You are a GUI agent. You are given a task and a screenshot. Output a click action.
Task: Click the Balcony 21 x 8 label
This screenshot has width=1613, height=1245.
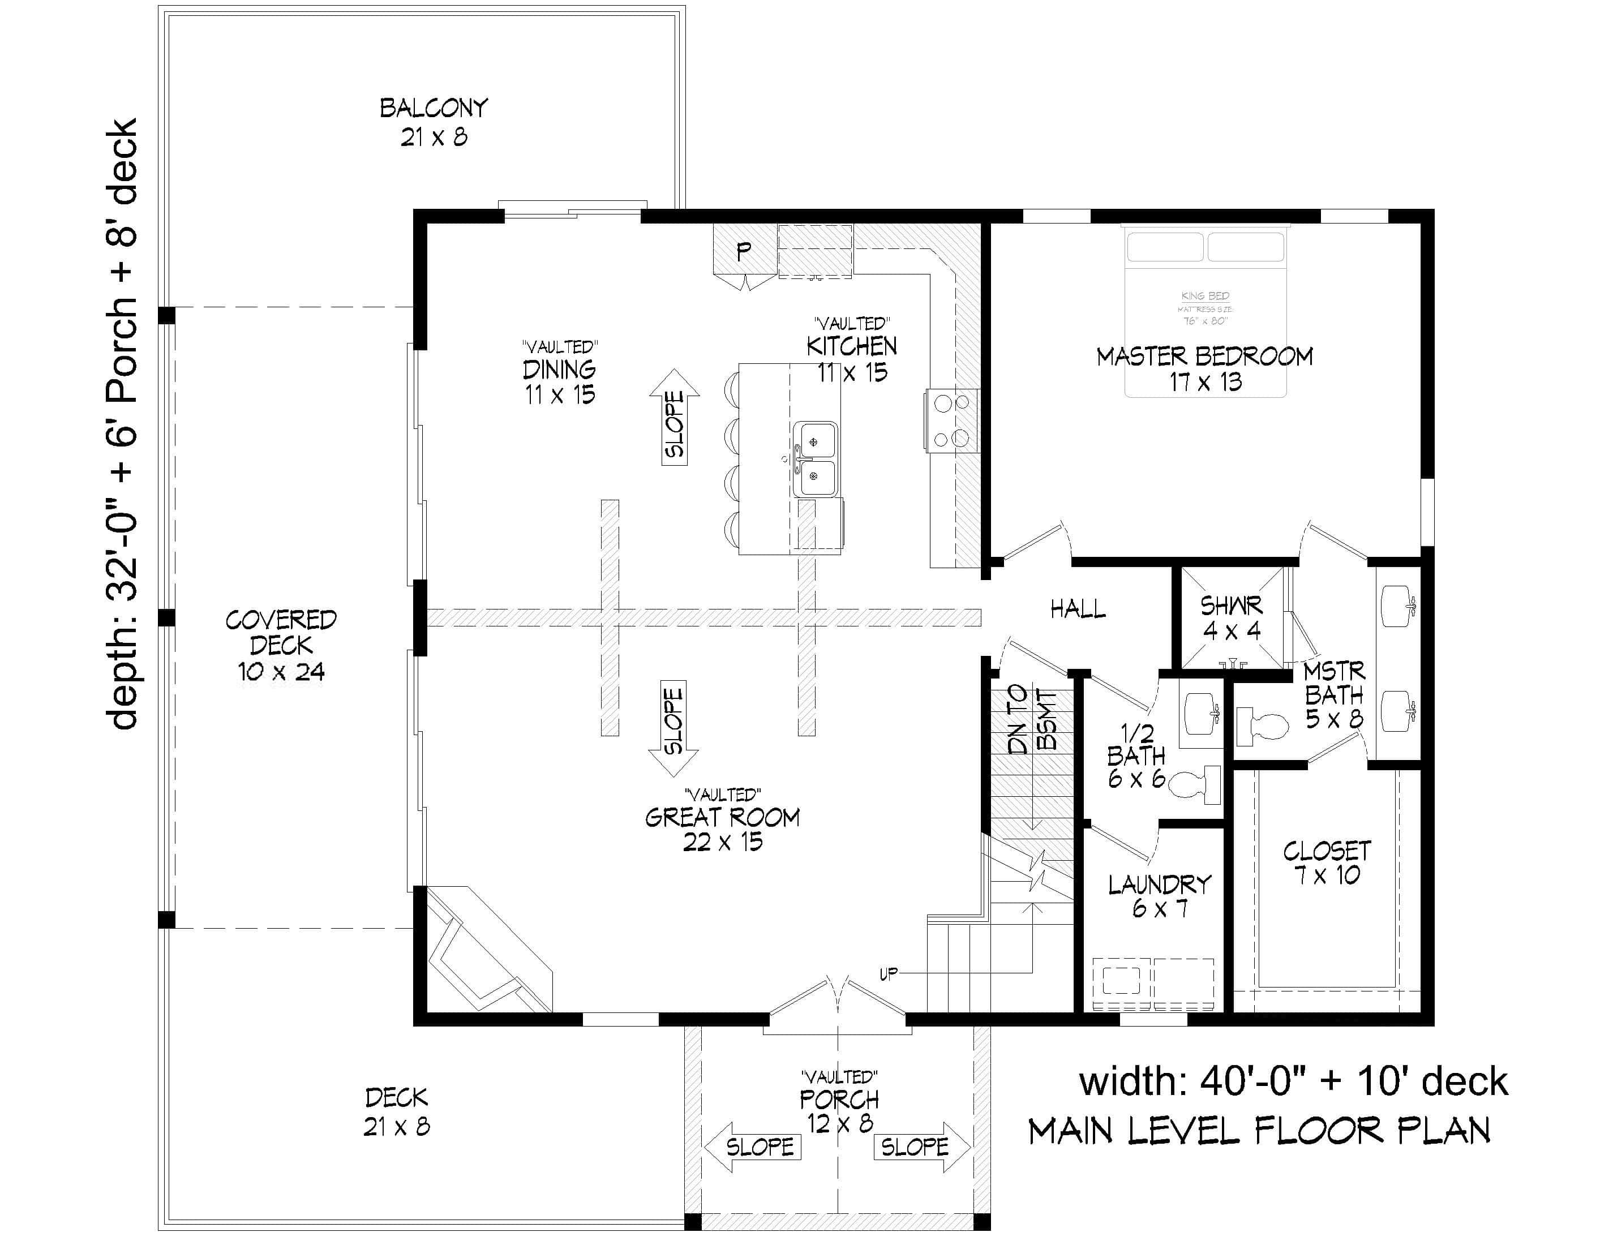click(434, 122)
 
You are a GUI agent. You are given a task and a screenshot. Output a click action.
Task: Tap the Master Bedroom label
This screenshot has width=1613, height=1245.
click(1204, 368)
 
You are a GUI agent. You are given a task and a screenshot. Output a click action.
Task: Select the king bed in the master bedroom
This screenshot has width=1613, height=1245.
click(1206, 310)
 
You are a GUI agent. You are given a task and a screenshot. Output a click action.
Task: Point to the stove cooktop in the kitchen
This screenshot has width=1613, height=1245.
click(951, 421)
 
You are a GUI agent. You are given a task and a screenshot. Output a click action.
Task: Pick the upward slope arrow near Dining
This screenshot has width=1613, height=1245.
click(674, 417)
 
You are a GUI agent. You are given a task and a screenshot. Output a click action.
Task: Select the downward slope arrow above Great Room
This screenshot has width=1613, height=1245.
click(673, 727)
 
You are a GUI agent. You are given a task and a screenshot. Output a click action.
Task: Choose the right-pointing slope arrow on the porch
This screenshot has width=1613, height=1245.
click(921, 1147)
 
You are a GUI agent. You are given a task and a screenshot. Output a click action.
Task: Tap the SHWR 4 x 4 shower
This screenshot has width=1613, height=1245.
click(1230, 617)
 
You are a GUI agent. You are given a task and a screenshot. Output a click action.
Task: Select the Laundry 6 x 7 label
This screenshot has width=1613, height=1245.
click(1160, 896)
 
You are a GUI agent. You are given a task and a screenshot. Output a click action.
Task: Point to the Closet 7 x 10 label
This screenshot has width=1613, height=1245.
click(1327, 862)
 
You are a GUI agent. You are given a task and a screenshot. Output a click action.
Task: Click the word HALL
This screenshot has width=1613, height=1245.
click(1078, 609)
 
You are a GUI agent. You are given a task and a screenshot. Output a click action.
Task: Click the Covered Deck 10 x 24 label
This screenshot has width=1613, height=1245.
click(281, 645)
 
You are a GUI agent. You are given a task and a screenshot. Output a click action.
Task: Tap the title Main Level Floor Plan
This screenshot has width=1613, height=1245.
click(1259, 1131)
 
